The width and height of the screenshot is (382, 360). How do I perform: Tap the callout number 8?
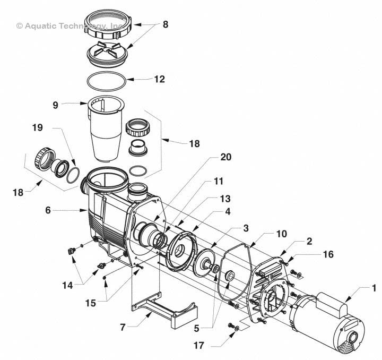[166, 24]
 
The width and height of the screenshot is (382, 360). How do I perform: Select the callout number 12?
[159, 80]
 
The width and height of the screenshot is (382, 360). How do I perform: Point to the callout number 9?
[56, 105]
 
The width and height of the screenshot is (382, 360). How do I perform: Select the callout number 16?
[328, 255]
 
